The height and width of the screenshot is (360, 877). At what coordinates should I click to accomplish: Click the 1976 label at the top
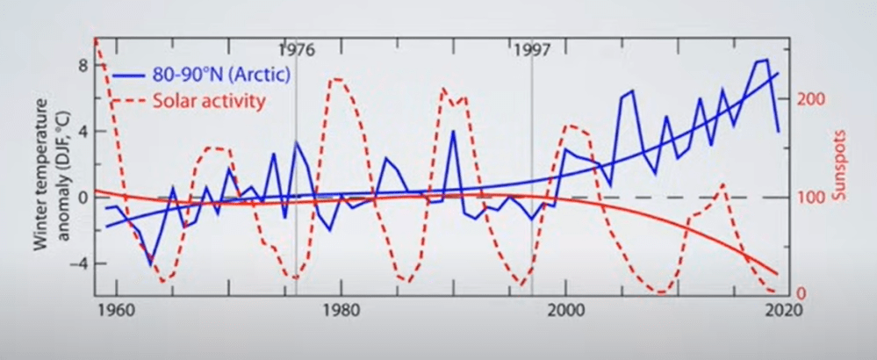[x=296, y=49]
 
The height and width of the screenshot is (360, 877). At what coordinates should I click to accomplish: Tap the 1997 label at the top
[x=531, y=49]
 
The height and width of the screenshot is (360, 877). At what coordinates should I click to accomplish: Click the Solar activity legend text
[x=209, y=100]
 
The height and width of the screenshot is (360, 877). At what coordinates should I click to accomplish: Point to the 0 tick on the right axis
[x=801, y=293]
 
